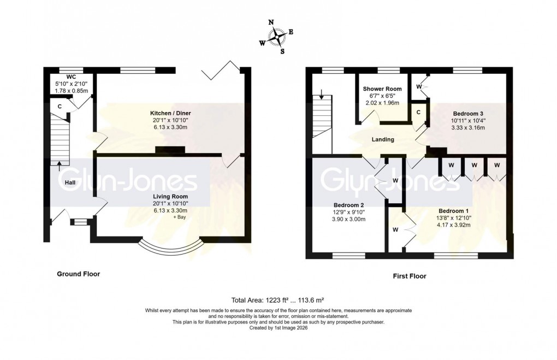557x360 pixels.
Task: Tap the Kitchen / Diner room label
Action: pos(170,113)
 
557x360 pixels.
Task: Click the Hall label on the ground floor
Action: pos(70,183)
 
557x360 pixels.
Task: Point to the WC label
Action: pos(70,77)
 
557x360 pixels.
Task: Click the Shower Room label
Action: pos(382,89)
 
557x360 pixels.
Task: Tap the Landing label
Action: pos(383,139)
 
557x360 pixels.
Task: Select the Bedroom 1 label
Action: pos(450,210)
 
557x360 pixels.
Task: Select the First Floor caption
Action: pos(410,276)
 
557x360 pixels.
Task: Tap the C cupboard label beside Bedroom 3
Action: pos(418,112)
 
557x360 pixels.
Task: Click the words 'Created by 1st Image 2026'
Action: pos(278,327)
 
